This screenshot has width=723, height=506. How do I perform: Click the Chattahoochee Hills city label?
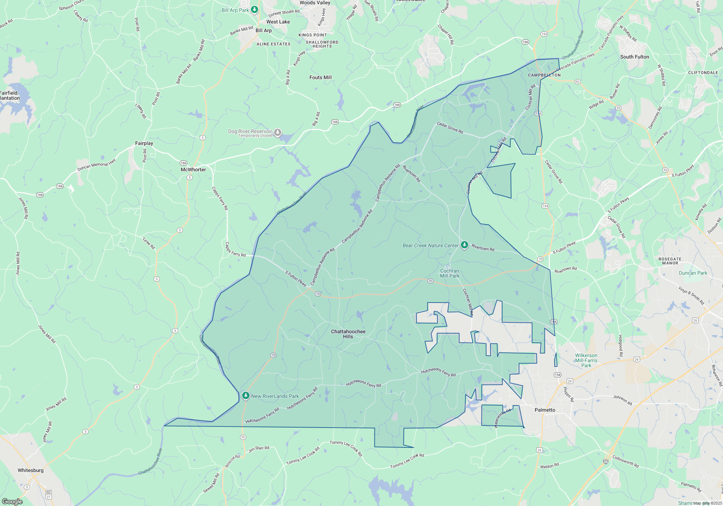click(348, 334)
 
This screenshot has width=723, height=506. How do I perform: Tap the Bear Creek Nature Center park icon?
click(465, 245)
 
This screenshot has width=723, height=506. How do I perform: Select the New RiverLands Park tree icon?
click(246, 396)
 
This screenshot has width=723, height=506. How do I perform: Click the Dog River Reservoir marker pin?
click(278, 132)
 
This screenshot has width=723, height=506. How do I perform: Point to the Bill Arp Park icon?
click(254, 9)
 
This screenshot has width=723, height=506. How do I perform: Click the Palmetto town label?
click(545, 410)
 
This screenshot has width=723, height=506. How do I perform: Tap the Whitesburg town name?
click(31, 470)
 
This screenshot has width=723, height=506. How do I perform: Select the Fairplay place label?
click(144, 143)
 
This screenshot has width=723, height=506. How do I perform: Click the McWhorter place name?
click(193, 170)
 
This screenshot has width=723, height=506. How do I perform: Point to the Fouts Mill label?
click(320, 77)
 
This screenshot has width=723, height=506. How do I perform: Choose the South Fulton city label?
click(634, 57)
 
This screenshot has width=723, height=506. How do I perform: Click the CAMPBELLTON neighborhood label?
click(544, 75)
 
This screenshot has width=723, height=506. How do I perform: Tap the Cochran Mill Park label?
click(449, 273)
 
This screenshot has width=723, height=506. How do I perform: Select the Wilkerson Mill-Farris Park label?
click(586, 360)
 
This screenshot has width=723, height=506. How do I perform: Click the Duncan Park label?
click(693, 273)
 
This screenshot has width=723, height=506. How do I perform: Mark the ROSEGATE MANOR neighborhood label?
click(670, 261)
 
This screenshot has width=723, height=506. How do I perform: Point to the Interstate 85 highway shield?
click(606, 462)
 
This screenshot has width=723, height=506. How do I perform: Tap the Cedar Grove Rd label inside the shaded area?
click(450, 128)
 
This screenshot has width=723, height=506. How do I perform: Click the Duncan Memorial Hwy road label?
click(96, 165)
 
